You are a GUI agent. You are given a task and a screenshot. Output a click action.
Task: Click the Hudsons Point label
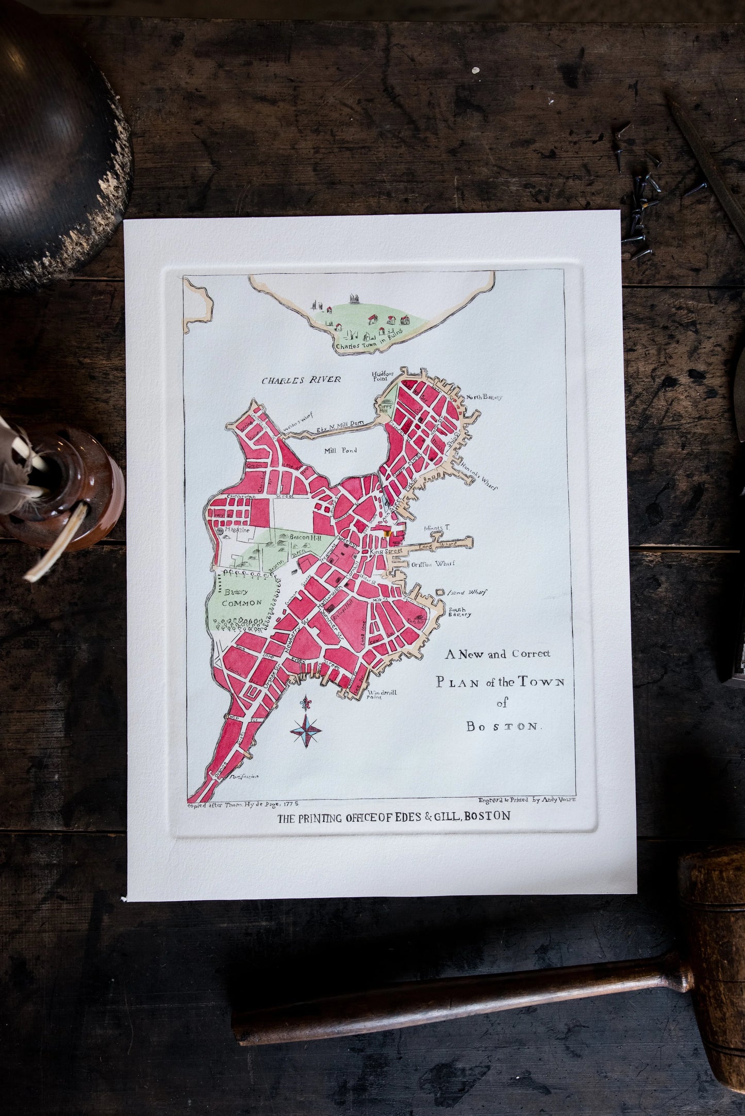coord(382,376)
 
